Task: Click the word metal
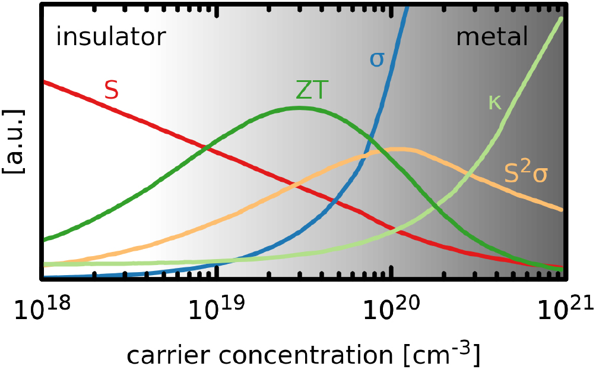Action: pos(492,37)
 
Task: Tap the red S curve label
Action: pos(111,90)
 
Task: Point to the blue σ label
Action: pos(377,59)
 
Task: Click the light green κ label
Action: pos(494,102)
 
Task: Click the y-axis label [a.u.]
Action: pos(13,141)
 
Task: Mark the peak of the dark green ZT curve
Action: pos(299,108)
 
